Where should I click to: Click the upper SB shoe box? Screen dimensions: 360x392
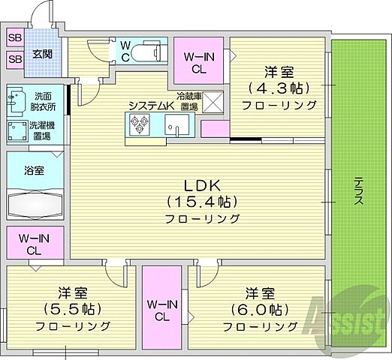coord(15,37)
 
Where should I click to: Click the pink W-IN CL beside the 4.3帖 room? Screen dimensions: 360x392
coord(199,61)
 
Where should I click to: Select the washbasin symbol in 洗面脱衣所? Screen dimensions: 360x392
coord(16,97)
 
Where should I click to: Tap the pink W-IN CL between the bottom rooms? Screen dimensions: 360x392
coord(163,307)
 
